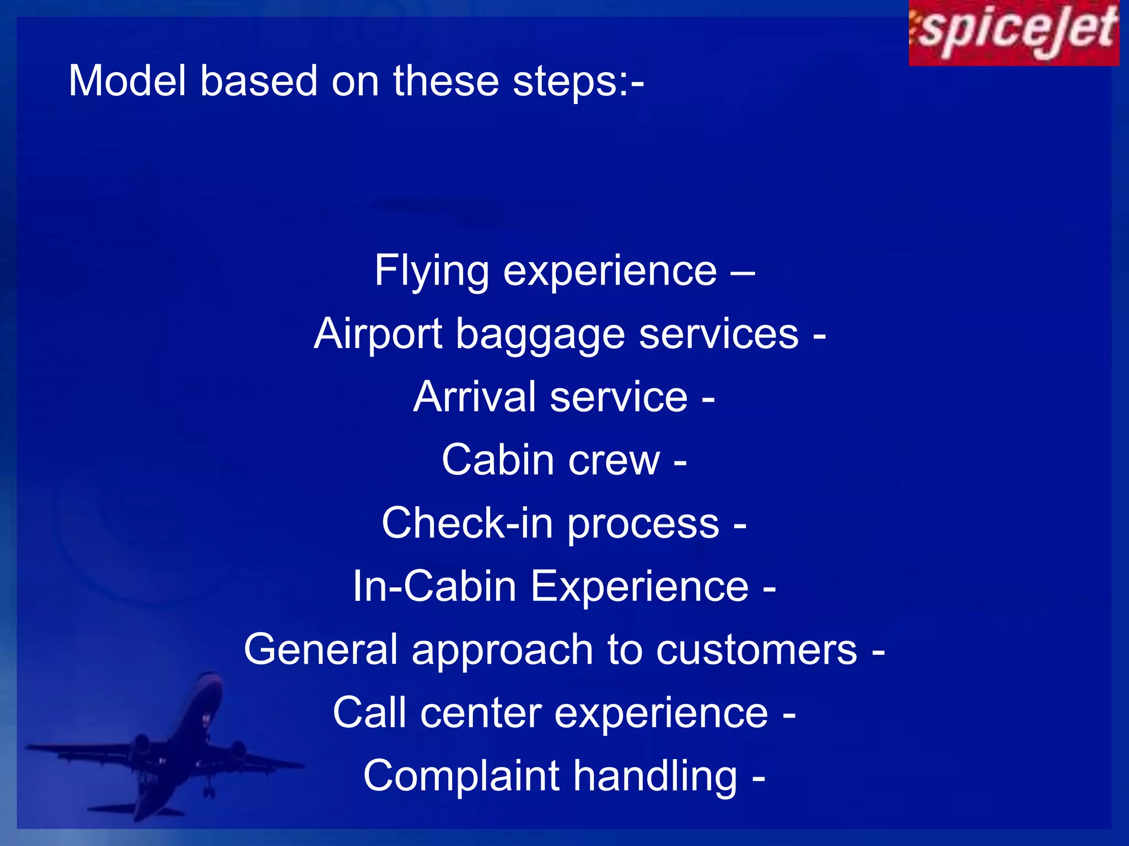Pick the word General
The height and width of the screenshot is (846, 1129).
click(320, 649)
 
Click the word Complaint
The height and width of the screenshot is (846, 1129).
click(461, 776)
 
